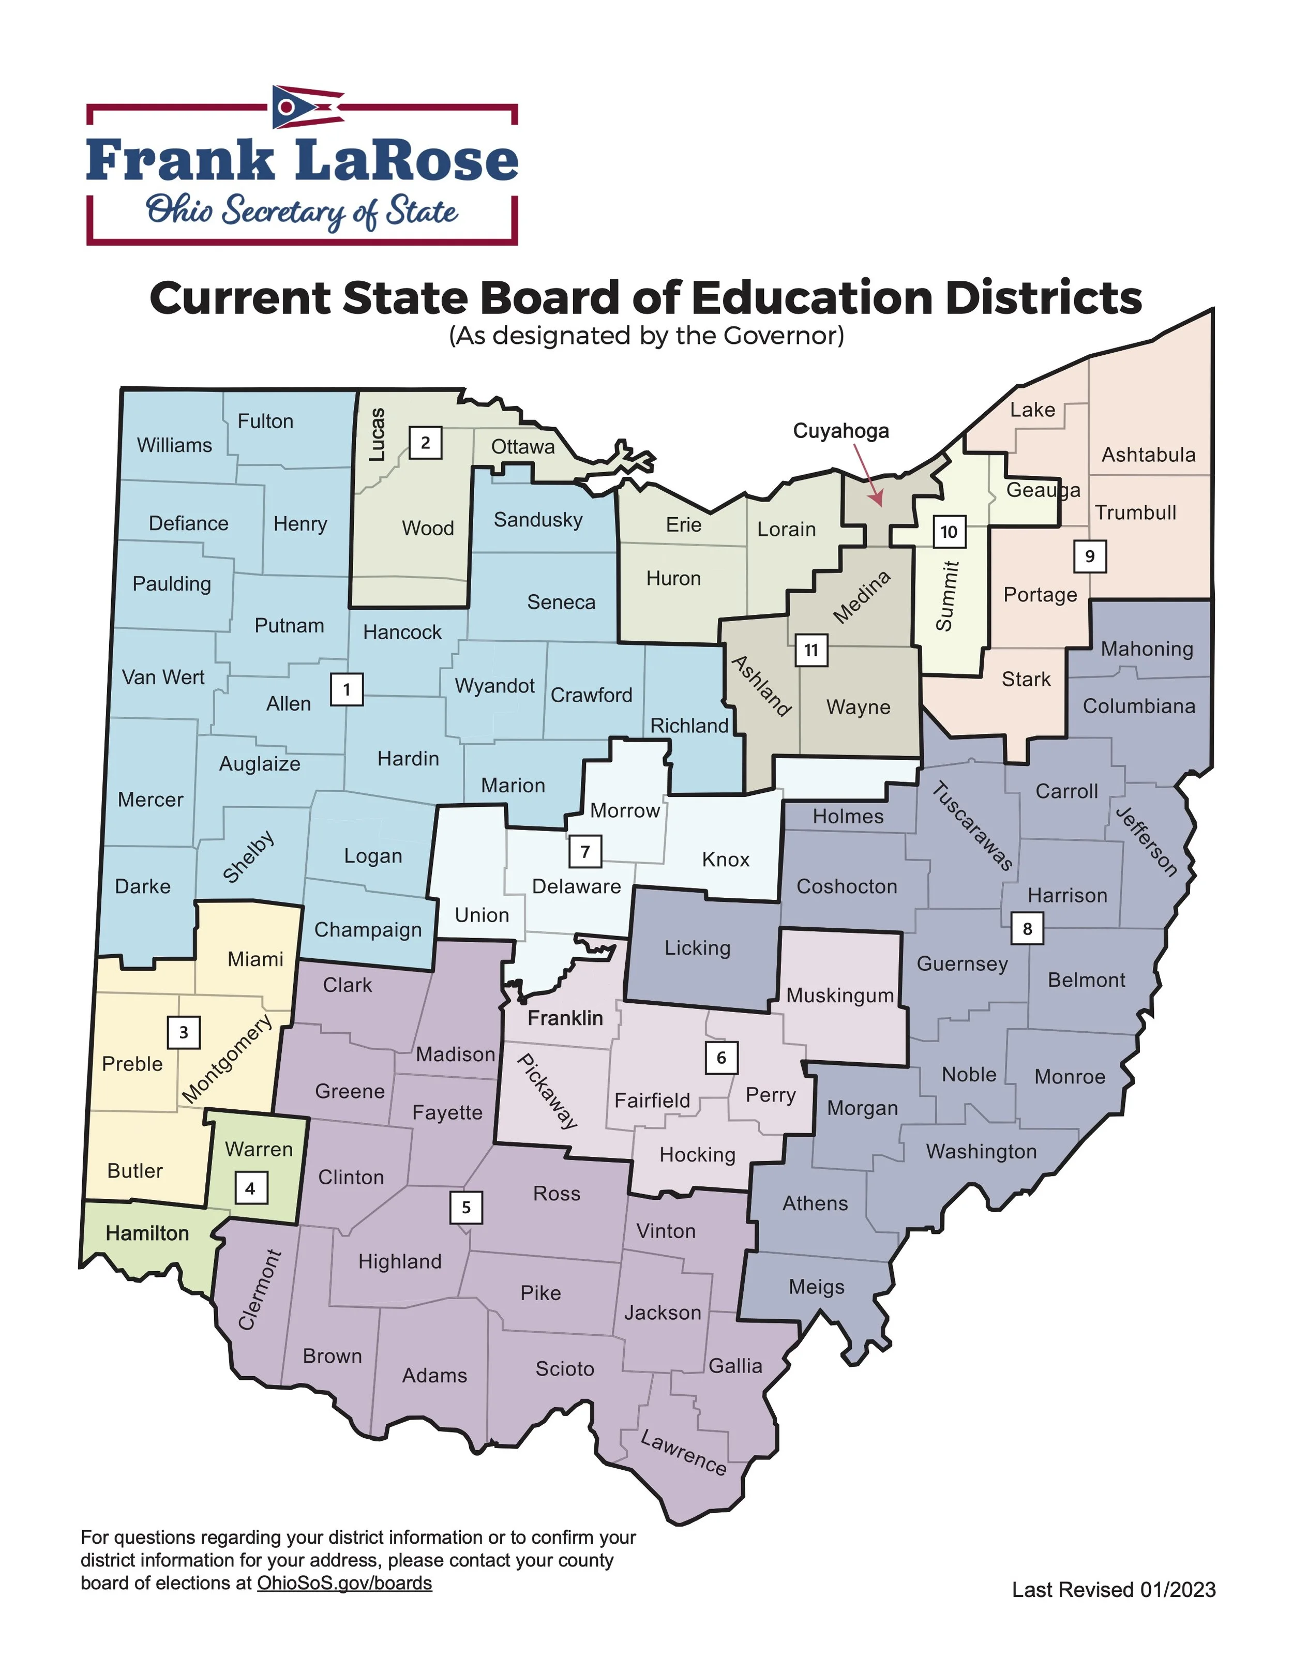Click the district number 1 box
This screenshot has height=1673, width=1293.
click(x=346, y=689)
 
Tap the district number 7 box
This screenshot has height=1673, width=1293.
click(x=585, y=851)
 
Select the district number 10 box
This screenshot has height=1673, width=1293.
click(x=949, y=532)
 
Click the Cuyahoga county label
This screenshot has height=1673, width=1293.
click(x=840, y=431)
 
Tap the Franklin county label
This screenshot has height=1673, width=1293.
click(x=565, y=1018)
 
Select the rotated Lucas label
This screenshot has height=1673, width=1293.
click(x=377, y=434)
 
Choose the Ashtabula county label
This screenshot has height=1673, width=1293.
click(x=1148, y=455)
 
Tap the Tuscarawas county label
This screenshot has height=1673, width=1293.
click(x=972, y=826)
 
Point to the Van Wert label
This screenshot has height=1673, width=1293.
click(x=163, y=677)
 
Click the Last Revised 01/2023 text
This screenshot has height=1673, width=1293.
click(x=1113, y=1590)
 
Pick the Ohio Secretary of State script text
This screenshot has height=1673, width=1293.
click(x=302, y=212)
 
